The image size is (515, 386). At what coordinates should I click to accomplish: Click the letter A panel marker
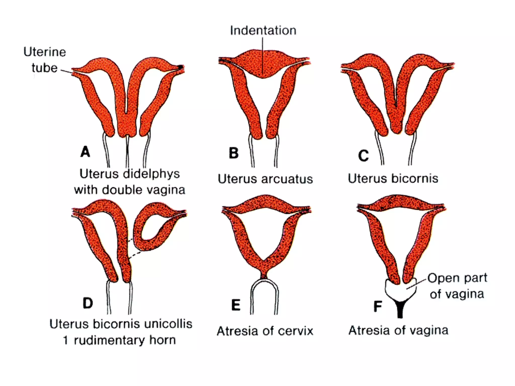click(x=85, y=152)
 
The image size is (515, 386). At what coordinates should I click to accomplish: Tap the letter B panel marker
click(x=234, y=153)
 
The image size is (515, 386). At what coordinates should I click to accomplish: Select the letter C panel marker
click(x=364, y=156)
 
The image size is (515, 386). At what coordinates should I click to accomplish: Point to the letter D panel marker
click(x=88, y=303)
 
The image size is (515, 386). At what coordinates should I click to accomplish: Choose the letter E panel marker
click(x=236, y=305)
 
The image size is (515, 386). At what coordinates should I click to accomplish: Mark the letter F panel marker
click(x=378, y=306)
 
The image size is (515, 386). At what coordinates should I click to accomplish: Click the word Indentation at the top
click(x=263, y=31)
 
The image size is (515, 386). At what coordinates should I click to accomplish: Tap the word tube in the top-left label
click(x=45, y=68)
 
